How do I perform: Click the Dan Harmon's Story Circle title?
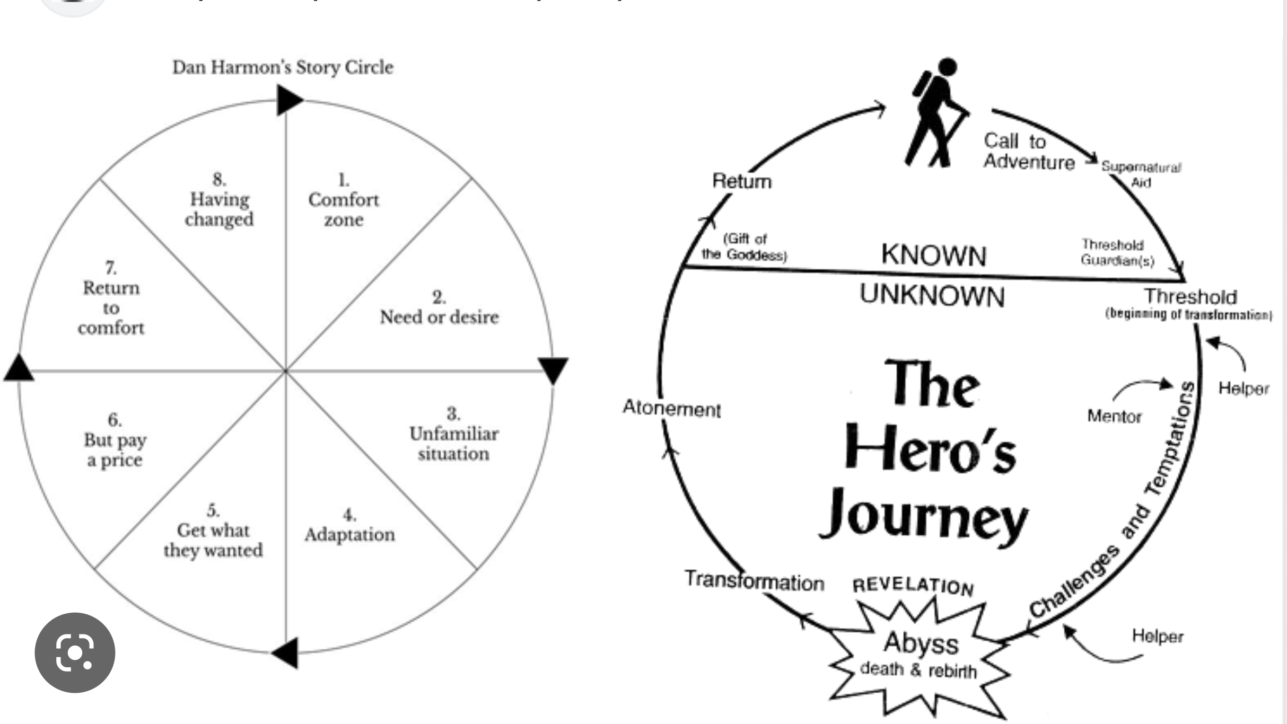[x=283, y=67]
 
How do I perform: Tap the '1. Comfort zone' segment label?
[x=344, y=200]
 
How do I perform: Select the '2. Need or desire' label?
[x=439, y=308]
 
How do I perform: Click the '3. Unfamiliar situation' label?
[x=453, y=434]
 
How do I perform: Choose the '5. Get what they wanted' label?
[x=213, y=531]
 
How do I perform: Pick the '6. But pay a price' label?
[x=115, y=440]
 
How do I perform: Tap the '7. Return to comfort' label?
[x=111, y=298]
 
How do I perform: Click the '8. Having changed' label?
[x=219, y=200]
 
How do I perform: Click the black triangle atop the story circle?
[x=288, y=100]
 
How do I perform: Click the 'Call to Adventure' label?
[x=1028, y=152]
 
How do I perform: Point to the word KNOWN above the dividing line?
[x=933, y=255]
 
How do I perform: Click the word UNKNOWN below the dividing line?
[x=932, y=295]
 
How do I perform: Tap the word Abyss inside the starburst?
[x=921, y=643]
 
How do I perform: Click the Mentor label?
[x=1114, y=417]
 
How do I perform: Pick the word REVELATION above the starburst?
[x=913, y=586]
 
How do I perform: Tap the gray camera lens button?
[x=75, y=652]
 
